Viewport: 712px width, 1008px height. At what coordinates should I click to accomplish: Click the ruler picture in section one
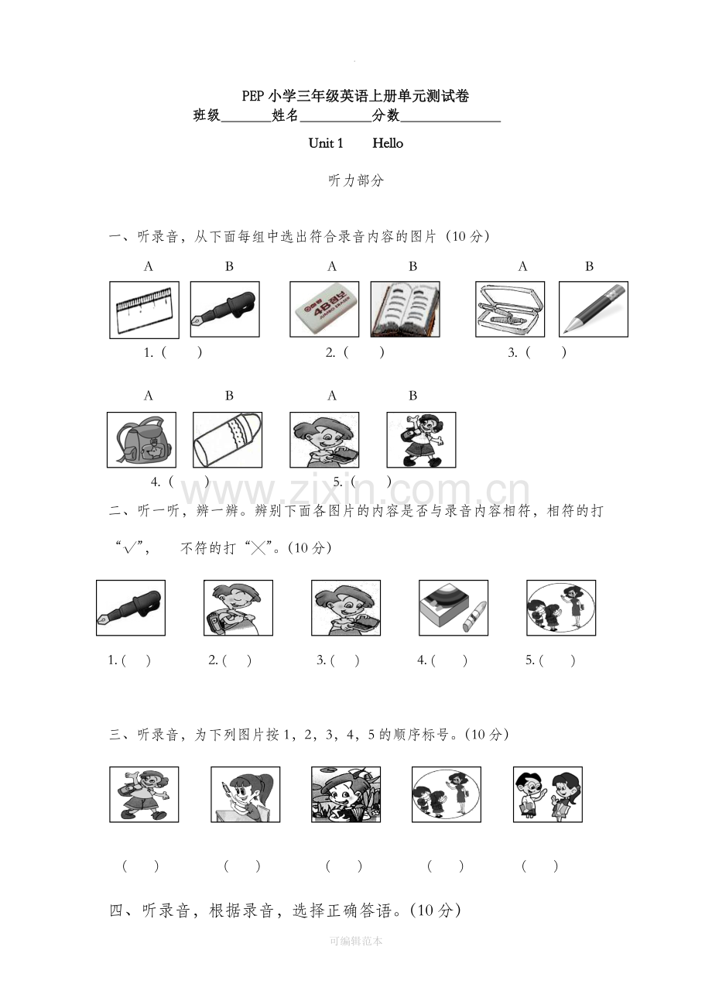144,310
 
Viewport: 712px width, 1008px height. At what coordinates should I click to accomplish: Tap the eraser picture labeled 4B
324,309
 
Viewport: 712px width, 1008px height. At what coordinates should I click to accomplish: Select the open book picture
406,309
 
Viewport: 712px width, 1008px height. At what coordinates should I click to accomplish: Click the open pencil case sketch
510,309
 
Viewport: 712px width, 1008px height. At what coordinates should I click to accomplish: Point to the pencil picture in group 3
594,309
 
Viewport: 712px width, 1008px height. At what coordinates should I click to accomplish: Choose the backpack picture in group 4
142,440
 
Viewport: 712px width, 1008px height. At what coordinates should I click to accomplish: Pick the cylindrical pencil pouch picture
228,440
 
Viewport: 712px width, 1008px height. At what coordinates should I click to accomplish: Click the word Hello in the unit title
388,143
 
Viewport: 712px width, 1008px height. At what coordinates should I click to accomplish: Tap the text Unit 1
326,143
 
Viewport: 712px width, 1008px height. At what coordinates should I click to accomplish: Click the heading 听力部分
356,180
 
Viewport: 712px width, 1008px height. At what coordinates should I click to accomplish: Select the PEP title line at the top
356,96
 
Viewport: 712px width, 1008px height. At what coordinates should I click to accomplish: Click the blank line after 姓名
336,122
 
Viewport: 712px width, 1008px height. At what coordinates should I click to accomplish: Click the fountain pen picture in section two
131,608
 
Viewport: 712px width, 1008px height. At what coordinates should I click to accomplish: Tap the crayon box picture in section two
454,608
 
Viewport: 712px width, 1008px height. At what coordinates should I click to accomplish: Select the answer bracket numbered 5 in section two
550,660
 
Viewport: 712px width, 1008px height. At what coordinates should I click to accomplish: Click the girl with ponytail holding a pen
245,794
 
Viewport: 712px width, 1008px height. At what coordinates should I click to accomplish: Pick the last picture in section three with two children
548,794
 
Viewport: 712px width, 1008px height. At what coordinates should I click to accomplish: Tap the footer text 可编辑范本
356,941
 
